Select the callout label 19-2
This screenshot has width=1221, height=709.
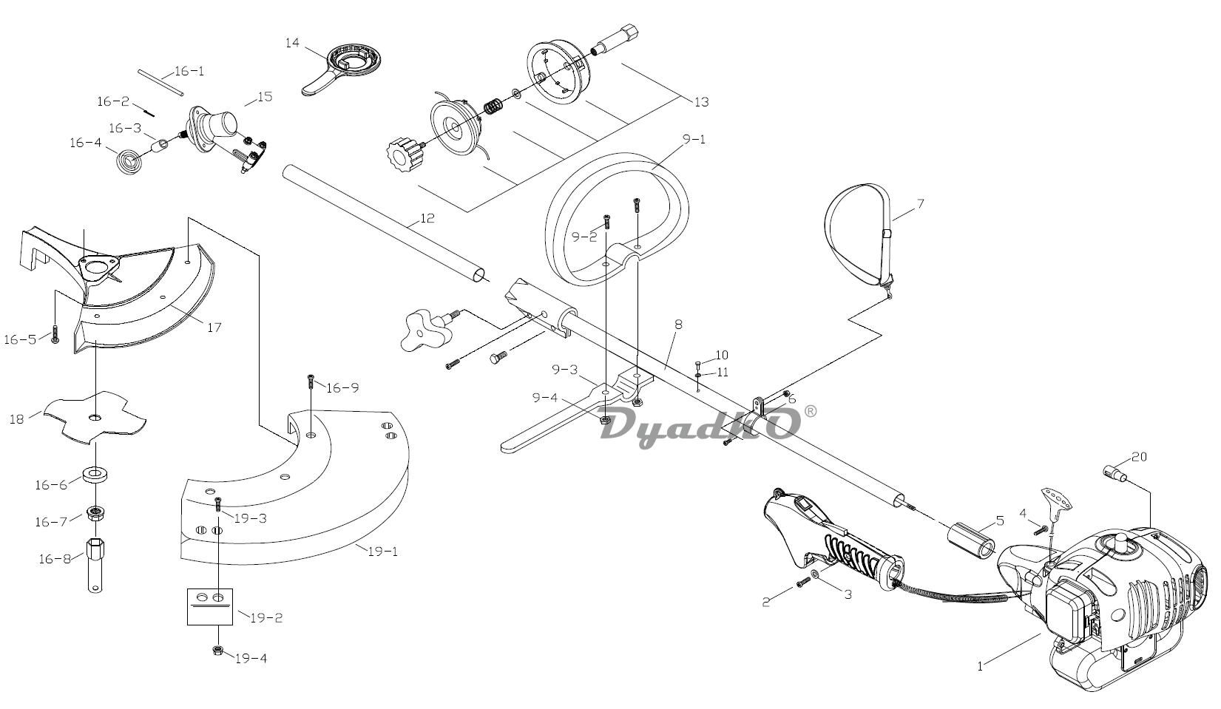coord(266,618)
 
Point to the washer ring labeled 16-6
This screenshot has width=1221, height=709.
coord(95,474)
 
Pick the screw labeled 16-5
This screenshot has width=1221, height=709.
coord(55,333)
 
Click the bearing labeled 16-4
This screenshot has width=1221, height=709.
coord(131,161)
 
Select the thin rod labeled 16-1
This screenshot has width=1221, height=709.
coord(159,82)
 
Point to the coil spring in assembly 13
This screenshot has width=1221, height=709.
coord(493,106)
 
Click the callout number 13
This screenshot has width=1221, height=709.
coord(702,102)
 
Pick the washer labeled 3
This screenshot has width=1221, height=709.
coord(814,574)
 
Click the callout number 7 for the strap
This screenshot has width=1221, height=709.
coord(920,204)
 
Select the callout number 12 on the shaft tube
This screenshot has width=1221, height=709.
coord(427,218)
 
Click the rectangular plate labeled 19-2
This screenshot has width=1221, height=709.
coord(210,606)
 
